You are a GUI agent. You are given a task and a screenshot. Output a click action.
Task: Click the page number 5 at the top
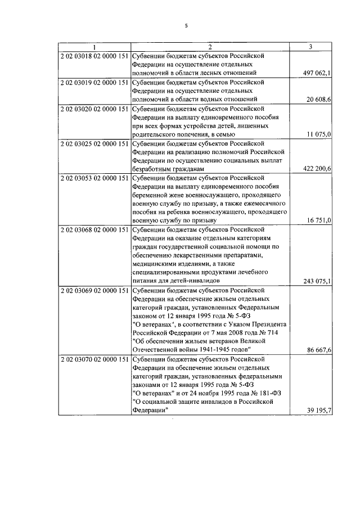tap(186, 25)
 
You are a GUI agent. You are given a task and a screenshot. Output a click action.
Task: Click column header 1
tap(94, 47)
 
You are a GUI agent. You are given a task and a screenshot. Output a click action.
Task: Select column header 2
tap(209, 47)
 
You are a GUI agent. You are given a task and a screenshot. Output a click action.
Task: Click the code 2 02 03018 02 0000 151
tap(94, 56)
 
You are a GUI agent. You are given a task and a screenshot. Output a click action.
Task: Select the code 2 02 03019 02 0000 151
tap(94, 82)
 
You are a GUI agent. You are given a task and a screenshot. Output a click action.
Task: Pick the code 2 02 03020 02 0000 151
tap(94, 109)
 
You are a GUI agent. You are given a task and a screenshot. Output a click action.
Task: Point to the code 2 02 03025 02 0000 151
tap(94, 143)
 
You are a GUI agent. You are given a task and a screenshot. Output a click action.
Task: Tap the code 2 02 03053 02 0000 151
tap(94, 178)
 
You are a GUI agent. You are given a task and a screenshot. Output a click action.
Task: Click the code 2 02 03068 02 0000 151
tap(94, 229)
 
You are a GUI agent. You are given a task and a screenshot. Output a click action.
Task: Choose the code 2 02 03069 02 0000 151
tap(94, 290)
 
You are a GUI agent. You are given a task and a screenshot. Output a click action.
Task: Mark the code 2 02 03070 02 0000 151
tap(94, 360)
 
